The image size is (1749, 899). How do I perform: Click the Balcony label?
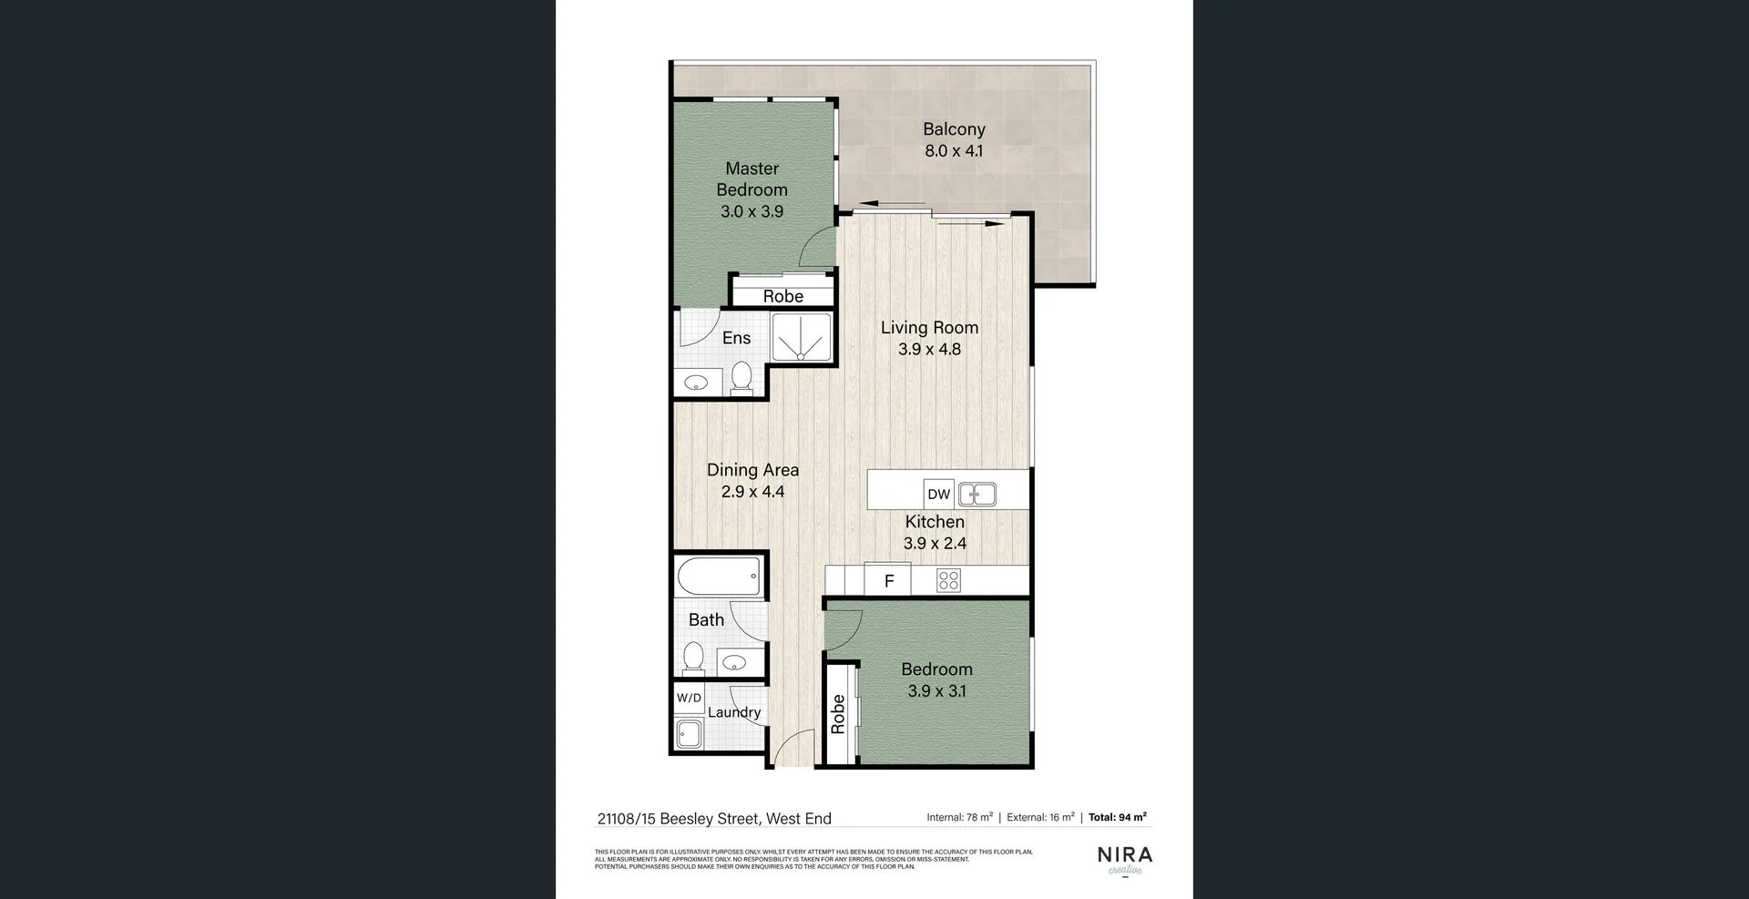[x=954, y=129]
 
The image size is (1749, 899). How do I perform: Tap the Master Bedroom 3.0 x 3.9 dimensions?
[x=752, y=211]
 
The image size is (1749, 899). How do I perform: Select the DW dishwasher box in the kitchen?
[x=938, y=494]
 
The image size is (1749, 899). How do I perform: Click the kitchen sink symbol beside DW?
[x=977, y=494]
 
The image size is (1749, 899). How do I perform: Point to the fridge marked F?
[x=889, y=581]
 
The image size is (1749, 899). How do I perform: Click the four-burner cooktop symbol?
[x=948, y=580]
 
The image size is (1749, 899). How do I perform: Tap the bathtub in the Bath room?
[x=719, y=576]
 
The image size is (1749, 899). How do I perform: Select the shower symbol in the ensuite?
[x=801, y=337]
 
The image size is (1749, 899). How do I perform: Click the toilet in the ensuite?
[x=742, y=378]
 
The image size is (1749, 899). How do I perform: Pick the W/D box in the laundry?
[x=689, y=699]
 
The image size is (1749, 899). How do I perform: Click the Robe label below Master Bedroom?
[x=783, y=296]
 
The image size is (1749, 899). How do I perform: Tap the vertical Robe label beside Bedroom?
[x=838, y=714]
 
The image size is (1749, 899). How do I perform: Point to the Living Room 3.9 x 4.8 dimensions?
[x=929, y=349]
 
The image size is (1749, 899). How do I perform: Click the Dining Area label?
[x=752, y=470]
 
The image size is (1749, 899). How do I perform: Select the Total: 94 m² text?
[x=1117, y=817]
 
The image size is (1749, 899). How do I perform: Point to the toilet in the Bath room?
[x=694, y=656]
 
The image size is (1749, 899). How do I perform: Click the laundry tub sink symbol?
[x=689, y=733]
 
